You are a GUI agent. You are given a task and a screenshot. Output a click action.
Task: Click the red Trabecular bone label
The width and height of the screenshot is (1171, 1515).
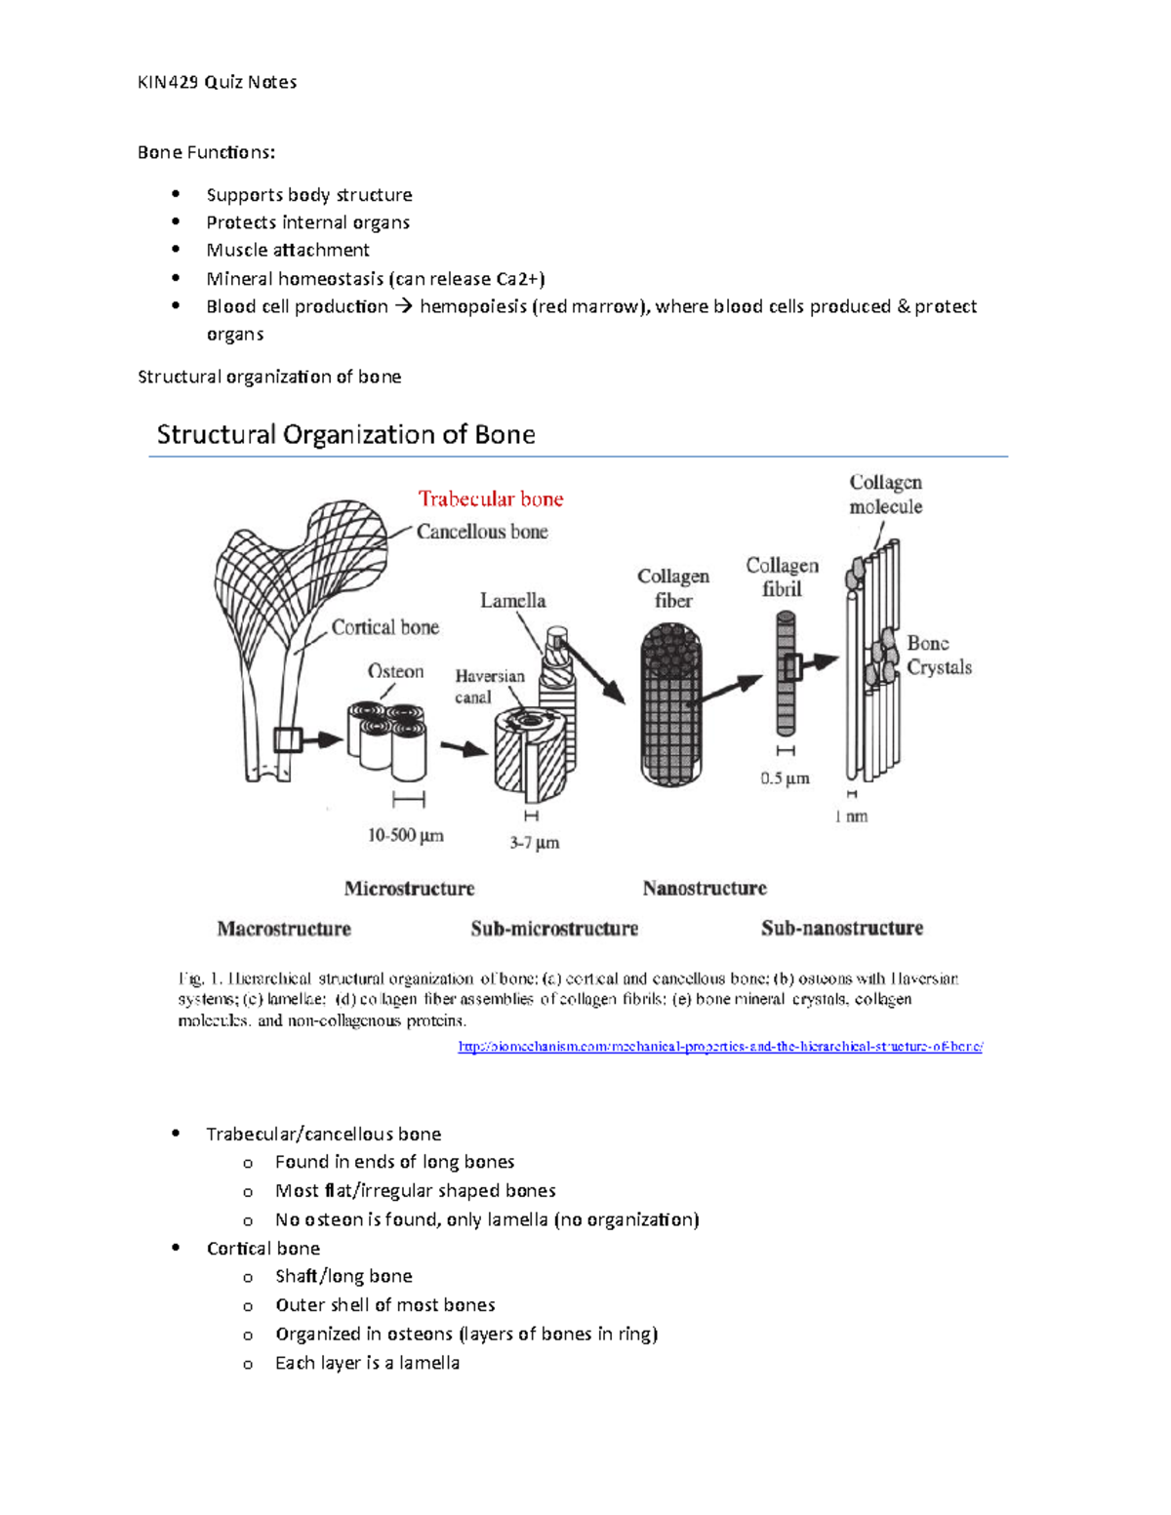coord(491,499)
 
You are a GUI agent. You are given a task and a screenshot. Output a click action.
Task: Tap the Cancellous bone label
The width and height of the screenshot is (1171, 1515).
coord(482,532)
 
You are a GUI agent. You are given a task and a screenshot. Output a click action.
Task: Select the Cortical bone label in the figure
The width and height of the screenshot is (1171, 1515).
coord(384,627)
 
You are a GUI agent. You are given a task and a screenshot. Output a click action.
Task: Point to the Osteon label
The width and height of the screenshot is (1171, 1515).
coord(395,671)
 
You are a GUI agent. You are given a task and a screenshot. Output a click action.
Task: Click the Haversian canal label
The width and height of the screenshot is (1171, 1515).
coord(489,686)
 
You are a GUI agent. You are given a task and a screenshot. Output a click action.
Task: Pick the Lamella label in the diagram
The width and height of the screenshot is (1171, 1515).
coord(512,601)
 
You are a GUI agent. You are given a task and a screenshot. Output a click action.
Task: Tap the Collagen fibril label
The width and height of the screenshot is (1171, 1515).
coord(782,577)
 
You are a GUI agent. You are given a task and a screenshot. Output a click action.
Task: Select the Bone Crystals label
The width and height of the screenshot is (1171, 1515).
coord(939,655)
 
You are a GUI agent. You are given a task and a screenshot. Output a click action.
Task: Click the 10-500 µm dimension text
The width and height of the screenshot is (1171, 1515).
coord(405,835)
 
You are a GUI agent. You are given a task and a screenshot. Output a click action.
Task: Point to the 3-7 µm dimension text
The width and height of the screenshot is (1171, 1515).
coord(534,842)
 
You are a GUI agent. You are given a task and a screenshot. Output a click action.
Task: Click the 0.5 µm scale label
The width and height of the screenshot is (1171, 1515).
coord(785,778)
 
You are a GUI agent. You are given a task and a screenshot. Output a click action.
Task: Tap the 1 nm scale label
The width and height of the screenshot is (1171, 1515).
coord(851,817)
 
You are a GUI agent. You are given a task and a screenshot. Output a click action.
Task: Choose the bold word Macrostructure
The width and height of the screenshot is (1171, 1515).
coord(284,929)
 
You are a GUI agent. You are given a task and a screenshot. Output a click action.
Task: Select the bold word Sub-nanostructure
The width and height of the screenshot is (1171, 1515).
coord(842,928)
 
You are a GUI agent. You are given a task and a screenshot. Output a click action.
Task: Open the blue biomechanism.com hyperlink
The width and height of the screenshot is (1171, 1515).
coord(720,1047)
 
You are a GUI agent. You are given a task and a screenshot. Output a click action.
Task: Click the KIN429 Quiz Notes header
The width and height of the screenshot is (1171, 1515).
coord(217,82)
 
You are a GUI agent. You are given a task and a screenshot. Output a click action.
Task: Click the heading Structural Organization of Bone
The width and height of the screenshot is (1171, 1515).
coord(345,434)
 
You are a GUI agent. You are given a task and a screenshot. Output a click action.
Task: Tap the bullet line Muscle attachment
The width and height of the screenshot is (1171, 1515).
coord(288,250)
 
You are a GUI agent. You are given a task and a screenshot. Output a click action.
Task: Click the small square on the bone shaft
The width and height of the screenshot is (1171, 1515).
coord(286,739)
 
